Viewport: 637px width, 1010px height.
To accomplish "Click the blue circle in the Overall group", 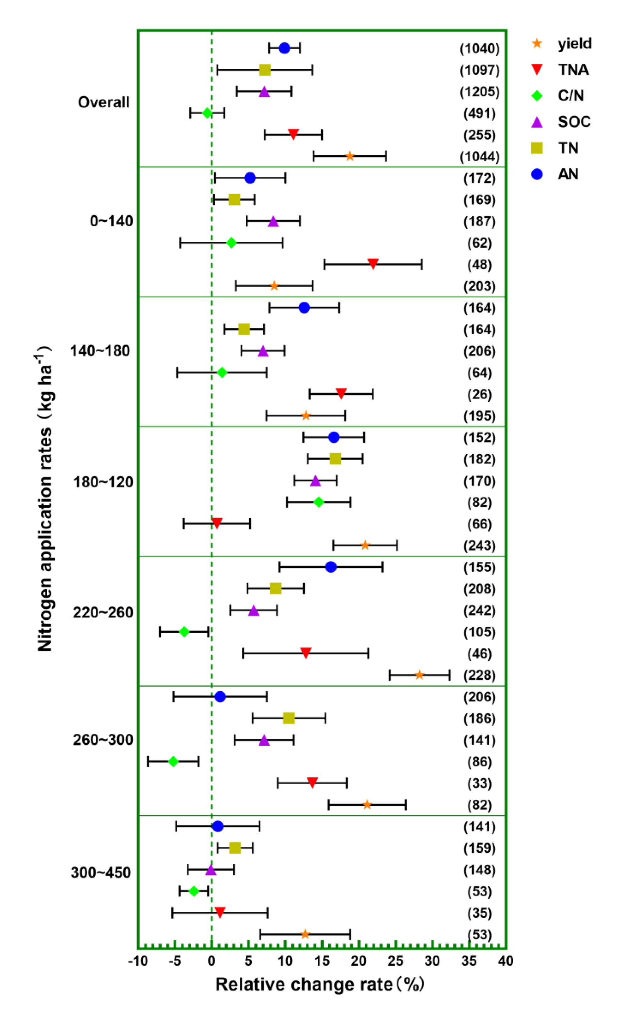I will pos(284,48).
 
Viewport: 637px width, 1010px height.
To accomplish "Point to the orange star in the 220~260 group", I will pos(419,675).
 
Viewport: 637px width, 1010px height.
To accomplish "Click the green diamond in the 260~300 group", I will pos(173,761).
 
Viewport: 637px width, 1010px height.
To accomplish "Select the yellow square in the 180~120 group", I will pos(335,459).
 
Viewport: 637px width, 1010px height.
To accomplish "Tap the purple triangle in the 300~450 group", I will pos(211,870).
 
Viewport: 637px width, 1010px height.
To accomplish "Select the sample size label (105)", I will pos(479,632).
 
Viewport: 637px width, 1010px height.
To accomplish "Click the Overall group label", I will pos(104,102).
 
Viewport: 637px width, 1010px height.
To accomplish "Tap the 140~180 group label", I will pos(100,351).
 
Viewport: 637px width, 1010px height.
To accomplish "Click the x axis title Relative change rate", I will pos(319,984).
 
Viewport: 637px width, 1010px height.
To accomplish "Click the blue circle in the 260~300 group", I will pos(220,697).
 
